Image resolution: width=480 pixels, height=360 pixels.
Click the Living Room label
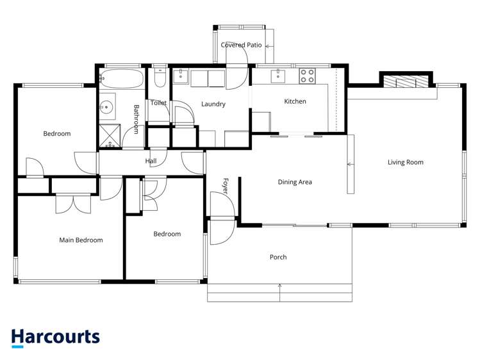(405, 162)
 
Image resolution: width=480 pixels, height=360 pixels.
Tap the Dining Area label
(295, 182)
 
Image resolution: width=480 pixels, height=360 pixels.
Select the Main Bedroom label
(81, 240)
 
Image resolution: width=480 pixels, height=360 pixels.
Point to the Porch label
(278, 257)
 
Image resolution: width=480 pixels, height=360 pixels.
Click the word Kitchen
(295, 101)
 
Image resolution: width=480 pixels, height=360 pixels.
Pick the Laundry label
(213, 104)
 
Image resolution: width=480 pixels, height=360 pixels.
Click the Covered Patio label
(241, 45)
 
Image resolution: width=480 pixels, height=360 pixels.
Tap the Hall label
(151, 161)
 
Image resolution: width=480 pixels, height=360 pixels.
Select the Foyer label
(226, 186)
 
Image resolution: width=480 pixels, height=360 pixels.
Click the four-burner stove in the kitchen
(307, 76)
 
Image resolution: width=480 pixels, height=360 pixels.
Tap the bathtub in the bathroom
(122, 79)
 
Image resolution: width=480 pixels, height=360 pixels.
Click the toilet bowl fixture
(160, 78)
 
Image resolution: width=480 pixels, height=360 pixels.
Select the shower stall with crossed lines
(110, 136)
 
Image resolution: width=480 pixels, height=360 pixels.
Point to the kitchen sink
(277, 76)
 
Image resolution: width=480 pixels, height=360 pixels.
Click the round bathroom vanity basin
(106, 107)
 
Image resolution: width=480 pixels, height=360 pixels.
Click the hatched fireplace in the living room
(406, 81)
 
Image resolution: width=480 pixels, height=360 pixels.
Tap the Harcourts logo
(55, 338)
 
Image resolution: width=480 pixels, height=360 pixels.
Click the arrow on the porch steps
(279, 293)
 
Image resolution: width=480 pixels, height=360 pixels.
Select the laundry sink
(181, 76)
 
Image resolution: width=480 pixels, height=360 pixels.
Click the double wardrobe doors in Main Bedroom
(73, 204)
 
